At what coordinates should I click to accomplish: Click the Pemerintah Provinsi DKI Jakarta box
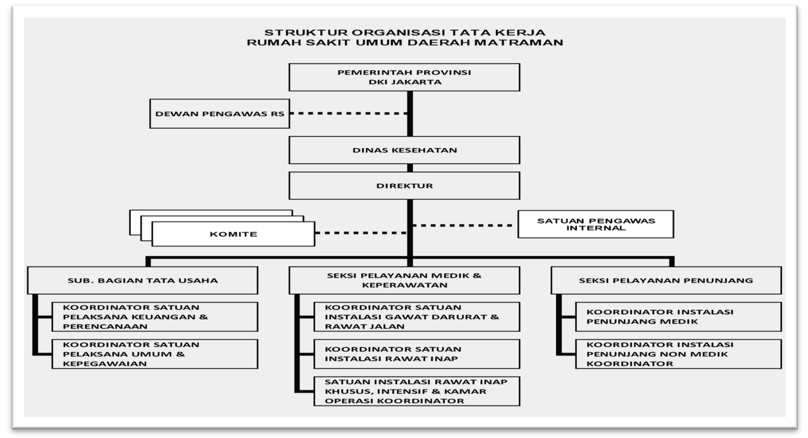(x=404, y=77)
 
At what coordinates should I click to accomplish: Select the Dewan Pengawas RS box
(x=220, y=114)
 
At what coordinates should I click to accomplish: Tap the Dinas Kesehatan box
(x=404, y=150)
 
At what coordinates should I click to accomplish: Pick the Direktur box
(x=404, y=186)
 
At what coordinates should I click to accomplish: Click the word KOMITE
(x=233, y=234)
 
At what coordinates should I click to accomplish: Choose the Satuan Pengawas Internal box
(x=596, y=224)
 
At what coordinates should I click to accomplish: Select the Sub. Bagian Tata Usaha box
(x=143, y=280)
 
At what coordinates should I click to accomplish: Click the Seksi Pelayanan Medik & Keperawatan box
(x=404, y=280)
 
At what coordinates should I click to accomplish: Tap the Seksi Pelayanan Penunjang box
(x=666, y=280)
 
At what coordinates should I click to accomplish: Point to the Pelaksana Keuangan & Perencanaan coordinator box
(x=155, y=317)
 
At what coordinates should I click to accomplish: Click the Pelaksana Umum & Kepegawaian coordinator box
(x=155, y=354)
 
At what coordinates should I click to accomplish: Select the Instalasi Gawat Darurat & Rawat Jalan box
(x=417, y=317)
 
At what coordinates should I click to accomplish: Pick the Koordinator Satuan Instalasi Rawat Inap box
(x=417, y=354)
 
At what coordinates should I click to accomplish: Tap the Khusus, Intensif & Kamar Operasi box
(x=417, y=392)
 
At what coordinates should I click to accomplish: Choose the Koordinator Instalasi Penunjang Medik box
(x=679, y=317)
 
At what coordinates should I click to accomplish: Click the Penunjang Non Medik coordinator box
(x=679, y=354)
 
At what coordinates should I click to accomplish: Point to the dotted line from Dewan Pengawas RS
(x=348, y=113)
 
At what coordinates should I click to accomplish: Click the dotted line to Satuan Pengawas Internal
(x=463, y=226)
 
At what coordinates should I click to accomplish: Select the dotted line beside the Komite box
(x=361, y=233)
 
